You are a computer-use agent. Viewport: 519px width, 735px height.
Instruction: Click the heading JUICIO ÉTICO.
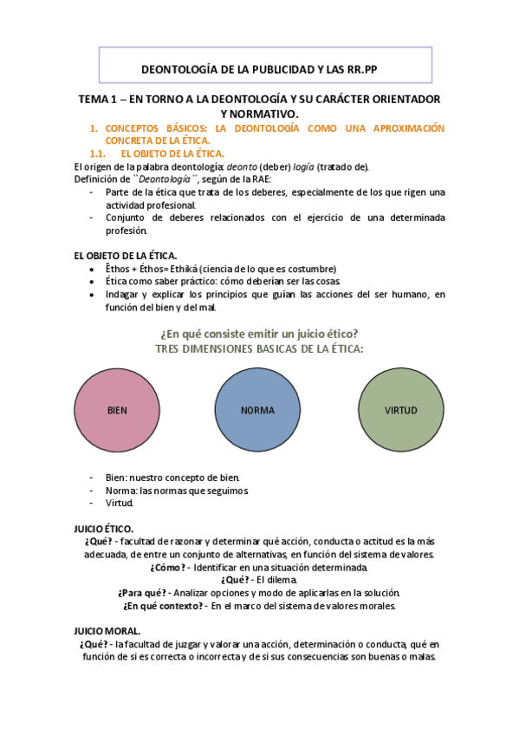point(104,527)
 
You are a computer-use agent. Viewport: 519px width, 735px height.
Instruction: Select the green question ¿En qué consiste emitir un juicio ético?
point(259,334)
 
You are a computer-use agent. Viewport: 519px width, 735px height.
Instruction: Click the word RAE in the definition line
point(261,179)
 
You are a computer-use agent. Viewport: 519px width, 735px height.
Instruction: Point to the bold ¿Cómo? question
point(168,567)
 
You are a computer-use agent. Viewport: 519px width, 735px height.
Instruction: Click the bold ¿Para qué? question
point(137,593)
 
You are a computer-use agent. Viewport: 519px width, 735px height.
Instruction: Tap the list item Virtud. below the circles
point(120,503)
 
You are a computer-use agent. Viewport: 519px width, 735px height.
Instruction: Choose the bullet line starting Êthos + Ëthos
point(220,269)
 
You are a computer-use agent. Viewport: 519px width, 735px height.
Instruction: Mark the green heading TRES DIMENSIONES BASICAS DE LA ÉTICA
point(259,348)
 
